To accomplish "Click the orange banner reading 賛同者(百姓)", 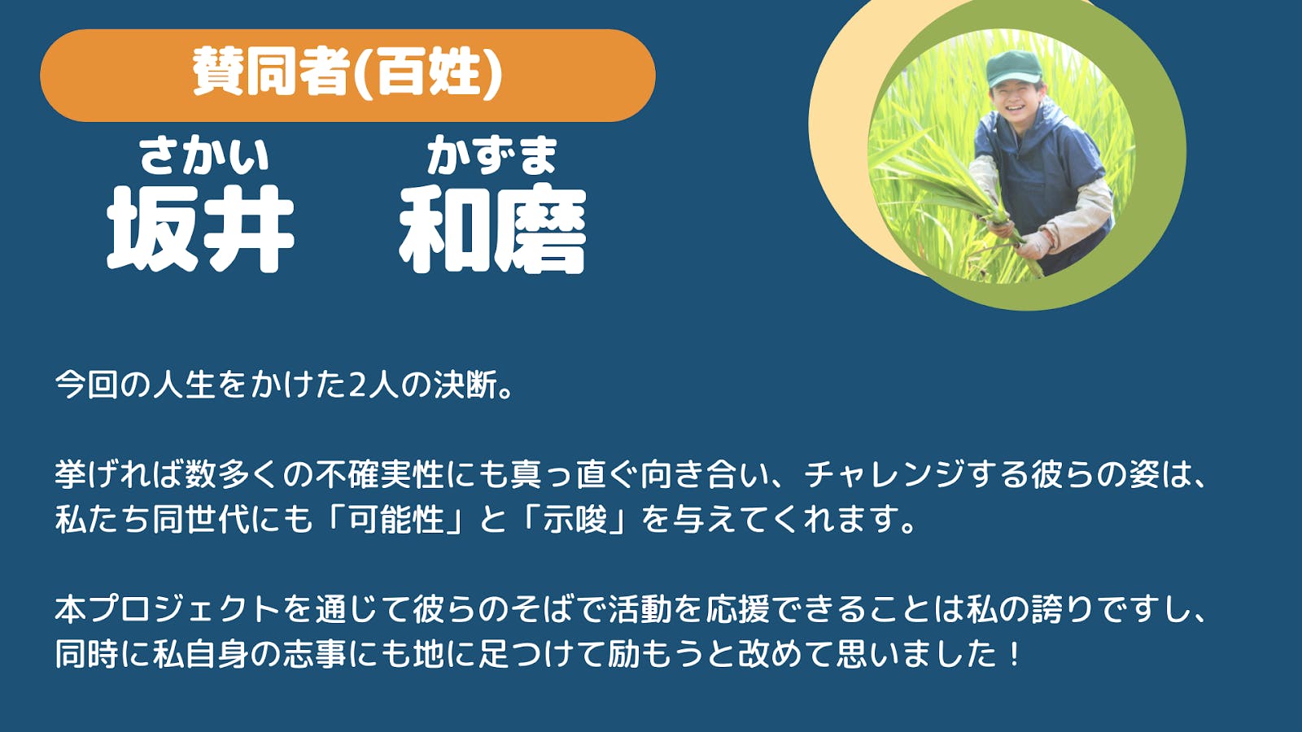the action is [347, 76].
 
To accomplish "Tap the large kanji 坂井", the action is [200, 229].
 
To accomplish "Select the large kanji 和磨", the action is [493, 229].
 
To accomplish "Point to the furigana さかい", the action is [203, 155].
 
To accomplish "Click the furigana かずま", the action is [492, 155].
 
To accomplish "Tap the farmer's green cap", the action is [1014, 68].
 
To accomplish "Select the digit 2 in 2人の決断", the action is [356, 386].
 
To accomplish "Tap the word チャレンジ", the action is [884, 475].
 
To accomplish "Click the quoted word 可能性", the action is [397, 519].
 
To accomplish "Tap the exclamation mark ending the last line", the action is [1014, 654].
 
